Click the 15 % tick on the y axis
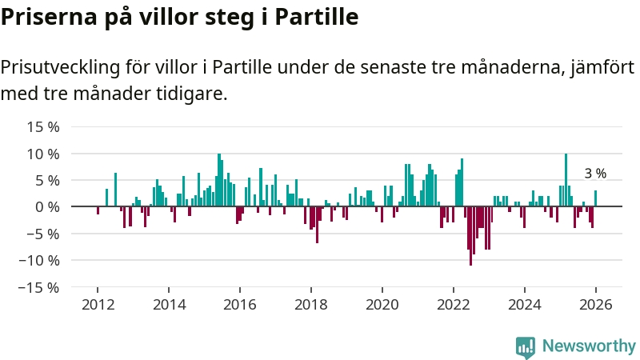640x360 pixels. tap(43, 126)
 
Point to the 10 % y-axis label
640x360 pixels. tap(43, 154)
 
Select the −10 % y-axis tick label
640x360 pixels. tap(40, 260)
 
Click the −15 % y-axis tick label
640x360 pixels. tap(40, 287)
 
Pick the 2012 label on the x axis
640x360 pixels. tap(98, 304)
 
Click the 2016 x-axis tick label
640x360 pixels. tap(239, 304)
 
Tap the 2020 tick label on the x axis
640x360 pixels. tap(382, 304)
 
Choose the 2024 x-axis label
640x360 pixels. tap(524, 304)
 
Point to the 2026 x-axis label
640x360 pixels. tap(595, 304)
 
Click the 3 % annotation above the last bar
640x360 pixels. tap(595, 174)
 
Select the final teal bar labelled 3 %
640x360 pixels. tap(595, 198)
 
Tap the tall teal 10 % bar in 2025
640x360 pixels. tap(566, 180)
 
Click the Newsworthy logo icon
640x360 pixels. tap(526, 346)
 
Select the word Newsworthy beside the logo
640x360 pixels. tap(589, 346)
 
